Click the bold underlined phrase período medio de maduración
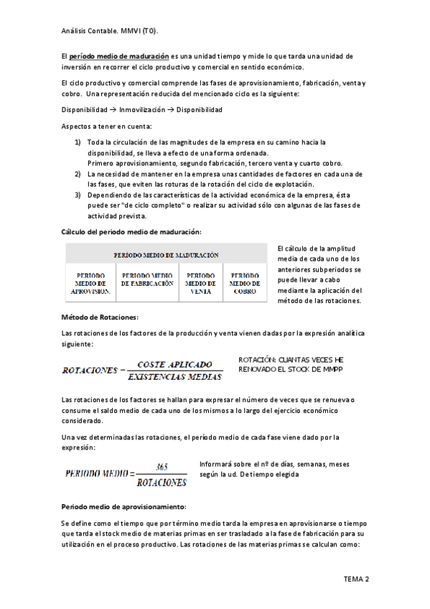click(x=119, y=55)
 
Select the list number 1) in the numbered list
click(x=78, y=142)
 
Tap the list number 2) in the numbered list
click(x=78, y=174)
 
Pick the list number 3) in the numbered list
click(x=78, y=195)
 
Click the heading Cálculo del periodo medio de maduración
click(x=131, y=231)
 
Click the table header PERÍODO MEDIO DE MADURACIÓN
click(x=166, y=255)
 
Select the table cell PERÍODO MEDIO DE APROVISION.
click(x=90, y=283)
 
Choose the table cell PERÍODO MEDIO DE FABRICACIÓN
click(x=147, y=279)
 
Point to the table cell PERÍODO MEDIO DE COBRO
click(x=245, y=283)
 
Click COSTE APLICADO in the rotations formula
click(x=174, y=364)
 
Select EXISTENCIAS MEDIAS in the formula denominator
click(x=174, y=376)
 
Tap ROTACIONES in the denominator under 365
click(x=161, y=481)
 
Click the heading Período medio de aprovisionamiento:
click(x=123, y=506)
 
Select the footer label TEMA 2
click(x=356, y=579)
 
